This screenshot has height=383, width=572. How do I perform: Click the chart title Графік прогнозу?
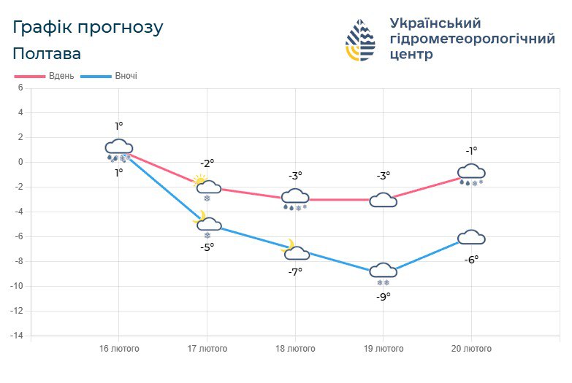(x=88, y=28)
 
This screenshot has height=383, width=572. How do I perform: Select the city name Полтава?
(x=47, y=53)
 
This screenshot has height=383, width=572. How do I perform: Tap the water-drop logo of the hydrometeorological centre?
(x=360, y=39)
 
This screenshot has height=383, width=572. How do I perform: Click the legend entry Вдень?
(x=44, y=76)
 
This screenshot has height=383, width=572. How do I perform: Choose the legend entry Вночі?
(x=109, y=76)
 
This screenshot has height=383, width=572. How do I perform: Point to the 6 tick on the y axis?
(x=20, y=88)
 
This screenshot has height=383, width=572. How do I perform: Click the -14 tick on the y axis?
(x=16, y=336)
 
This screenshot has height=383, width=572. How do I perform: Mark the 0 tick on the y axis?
(x=20, y=162)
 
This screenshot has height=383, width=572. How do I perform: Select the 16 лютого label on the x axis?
(x=119, y=349)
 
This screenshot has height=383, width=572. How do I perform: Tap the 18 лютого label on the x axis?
(x=295, y=349)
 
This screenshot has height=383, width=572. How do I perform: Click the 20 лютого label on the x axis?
(x=471, y=349)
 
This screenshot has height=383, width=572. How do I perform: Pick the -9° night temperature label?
(x=384, y=297)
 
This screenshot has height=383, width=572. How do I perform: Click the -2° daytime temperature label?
(x=207, y=163)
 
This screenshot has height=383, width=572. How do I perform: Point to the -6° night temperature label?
(x=471, y=260)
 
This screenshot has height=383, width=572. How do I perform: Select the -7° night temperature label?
(x=295, y=272)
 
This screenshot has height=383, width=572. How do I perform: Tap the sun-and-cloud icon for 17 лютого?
(x=207, y=187)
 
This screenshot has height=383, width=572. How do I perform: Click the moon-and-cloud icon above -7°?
(x=295, y=250)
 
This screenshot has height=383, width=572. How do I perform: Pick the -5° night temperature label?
(x=207, y=247)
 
